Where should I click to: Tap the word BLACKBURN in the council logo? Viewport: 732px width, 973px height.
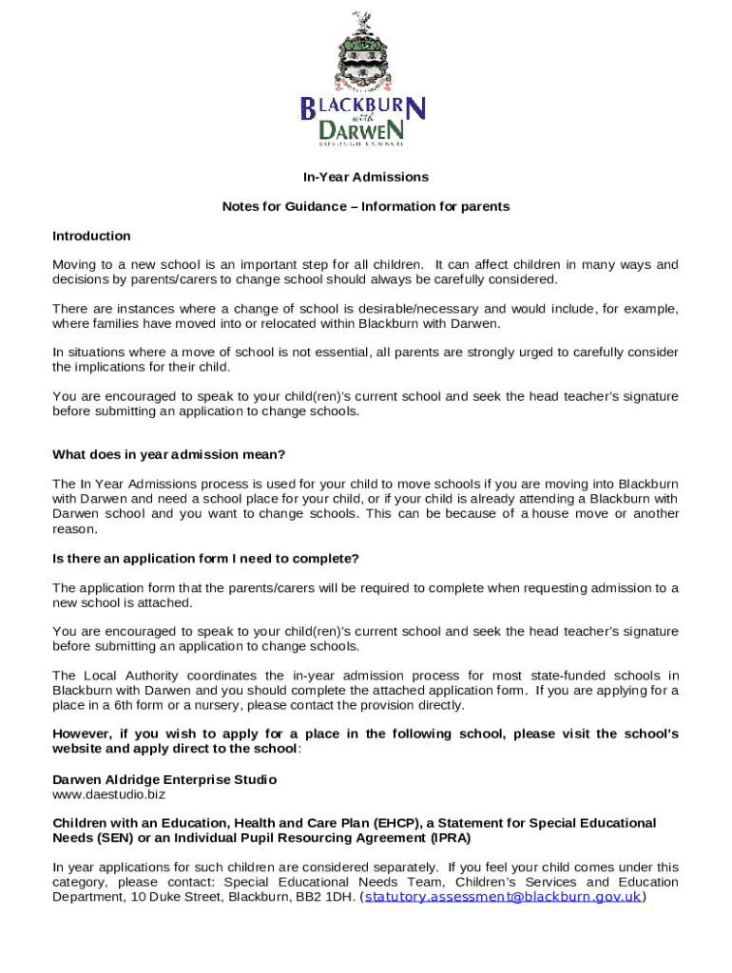click(364, 108)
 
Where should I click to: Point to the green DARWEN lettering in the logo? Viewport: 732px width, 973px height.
click(366, 129)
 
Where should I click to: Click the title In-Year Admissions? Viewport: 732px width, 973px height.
click(366, 177)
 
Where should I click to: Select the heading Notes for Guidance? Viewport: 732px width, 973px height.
click(366, 206)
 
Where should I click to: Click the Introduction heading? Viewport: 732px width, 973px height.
click(91, 236)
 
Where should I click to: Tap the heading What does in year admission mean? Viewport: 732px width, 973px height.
click(168, 454)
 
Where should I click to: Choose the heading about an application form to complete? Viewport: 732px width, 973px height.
click(205, 558)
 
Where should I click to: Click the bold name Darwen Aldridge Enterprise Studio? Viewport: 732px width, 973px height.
click(164, 779)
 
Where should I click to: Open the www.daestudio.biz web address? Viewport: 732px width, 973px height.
click(108, 792)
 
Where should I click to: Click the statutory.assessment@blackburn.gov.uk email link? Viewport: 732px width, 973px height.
click(503, 896)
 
